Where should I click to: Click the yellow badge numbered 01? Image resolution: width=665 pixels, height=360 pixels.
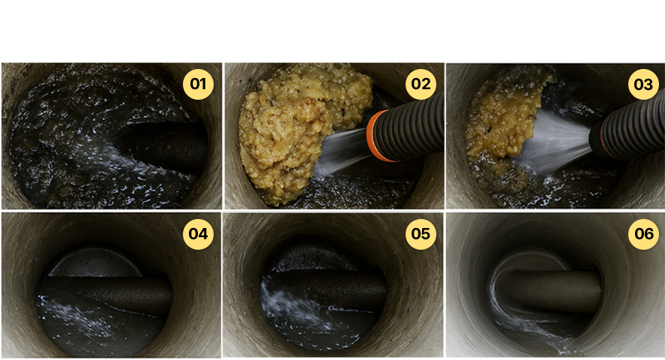pyautogui.click(x=198, y=84)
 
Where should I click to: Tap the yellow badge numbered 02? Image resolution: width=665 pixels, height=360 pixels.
pyautogui.click(x=421, y=84)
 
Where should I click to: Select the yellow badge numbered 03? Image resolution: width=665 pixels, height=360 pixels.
pyautogui.click(x=643, y=84)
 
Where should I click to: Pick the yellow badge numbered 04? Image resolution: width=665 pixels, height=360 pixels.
pyautogui.click(x=198, y=234)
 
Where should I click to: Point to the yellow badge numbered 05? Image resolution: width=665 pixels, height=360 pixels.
pyautogui.click(x=421, y=234)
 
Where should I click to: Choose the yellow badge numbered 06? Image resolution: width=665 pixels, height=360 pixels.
pyautogui.click(x=643, y=234)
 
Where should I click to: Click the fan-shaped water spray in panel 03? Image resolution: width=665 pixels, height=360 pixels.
pyautogui.click(x=556, y=142)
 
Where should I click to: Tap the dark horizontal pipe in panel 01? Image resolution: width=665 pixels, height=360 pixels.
pyautogui.click(x=166, y=146)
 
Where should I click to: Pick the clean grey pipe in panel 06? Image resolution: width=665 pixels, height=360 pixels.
pyautogui.click(x=551, y=290)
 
